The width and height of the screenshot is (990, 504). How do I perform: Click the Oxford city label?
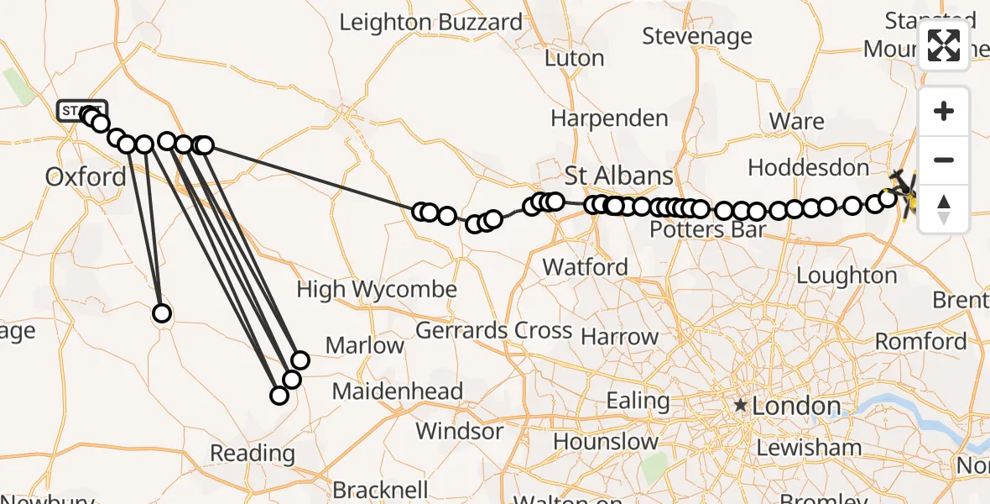coord(86,177)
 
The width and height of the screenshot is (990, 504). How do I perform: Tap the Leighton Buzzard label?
coord(431,23)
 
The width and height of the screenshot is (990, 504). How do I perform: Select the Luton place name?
coord(574,59)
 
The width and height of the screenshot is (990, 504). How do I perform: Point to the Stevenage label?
coord(697,36)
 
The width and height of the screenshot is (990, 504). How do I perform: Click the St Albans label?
coord(618,176)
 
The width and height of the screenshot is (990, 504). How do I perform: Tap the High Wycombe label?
coord(377,291)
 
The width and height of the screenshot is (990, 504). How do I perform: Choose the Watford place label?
coord(585,268)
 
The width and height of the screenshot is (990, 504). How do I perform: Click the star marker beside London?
coord(741,407)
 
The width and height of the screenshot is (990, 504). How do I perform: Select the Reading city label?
coord(253,454)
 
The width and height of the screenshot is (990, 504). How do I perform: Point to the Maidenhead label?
coord(398,391)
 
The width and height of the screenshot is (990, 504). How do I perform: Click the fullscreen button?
coord(944,45)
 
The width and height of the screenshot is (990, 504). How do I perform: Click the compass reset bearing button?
coord(944,208)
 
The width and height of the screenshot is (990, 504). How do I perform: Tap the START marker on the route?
coord(82,110)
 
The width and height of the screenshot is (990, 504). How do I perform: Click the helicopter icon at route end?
coord(904,190)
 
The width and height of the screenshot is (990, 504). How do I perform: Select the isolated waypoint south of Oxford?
coord(162,313)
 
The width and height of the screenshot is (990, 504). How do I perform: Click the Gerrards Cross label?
coord(494,331)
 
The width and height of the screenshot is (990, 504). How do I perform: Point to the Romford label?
coord(920,342)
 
